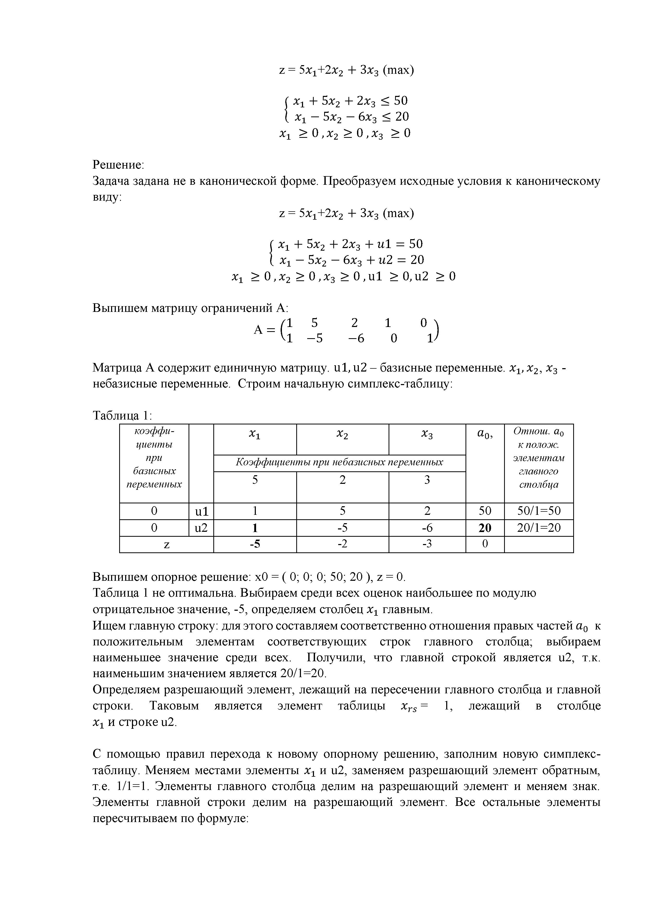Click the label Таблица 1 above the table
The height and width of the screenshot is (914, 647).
pos(122,416)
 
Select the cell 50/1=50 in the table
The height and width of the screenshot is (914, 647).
pos(538,511)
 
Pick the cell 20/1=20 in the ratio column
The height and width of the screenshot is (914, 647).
pos(538,528)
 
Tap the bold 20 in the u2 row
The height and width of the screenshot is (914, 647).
pos(485,528)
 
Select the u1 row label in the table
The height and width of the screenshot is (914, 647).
pos(201,511)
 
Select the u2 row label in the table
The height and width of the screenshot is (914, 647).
pos(201,528)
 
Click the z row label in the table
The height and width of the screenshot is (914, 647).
pos(167,544)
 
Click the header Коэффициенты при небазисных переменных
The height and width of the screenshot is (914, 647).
pos(340,462)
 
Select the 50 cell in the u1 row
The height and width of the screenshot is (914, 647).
pos(485,511)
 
